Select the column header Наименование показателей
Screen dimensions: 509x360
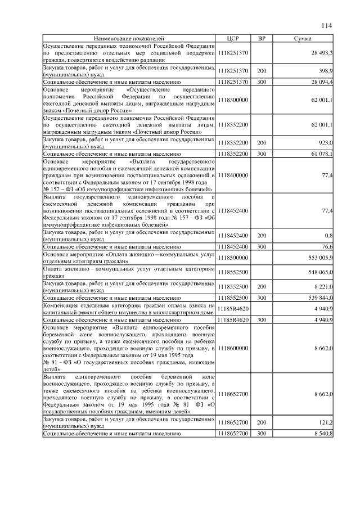click(129, 38)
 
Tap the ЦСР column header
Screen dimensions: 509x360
click(233, 38)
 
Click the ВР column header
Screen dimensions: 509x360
click(262, 38)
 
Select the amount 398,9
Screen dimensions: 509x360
click(326, 71)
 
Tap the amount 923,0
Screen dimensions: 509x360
click(326, 143)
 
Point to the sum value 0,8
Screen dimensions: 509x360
click(329, 236)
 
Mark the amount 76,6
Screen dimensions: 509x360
click(327, 246)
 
